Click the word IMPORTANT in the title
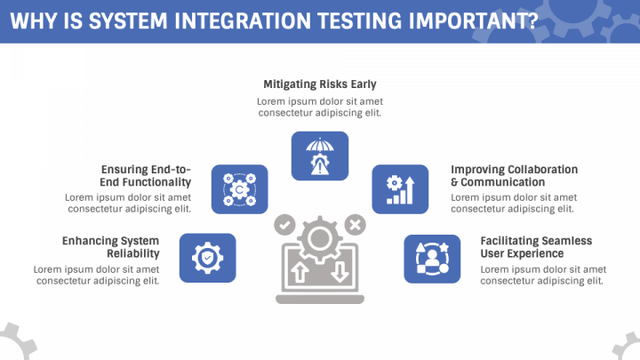pos(474,21)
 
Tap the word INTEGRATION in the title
pos(243,21)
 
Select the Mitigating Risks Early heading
pos(320,84)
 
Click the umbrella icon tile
pos(320,156)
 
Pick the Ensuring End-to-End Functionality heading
pos(146,175)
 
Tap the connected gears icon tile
pos(240,189)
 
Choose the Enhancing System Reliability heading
pos(110,247)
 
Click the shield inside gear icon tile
pos(208,258)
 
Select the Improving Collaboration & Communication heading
pos(515,175)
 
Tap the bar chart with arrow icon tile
pos(400,189)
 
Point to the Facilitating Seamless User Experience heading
pos(536,247)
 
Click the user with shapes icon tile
pos(432,259)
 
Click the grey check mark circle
pos(285,225)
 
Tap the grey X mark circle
pos(355,225)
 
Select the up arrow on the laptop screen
pos(300,272)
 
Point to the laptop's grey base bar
pos(320,300)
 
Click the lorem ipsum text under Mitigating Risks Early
pos(320,107)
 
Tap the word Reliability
pos(133,253)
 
